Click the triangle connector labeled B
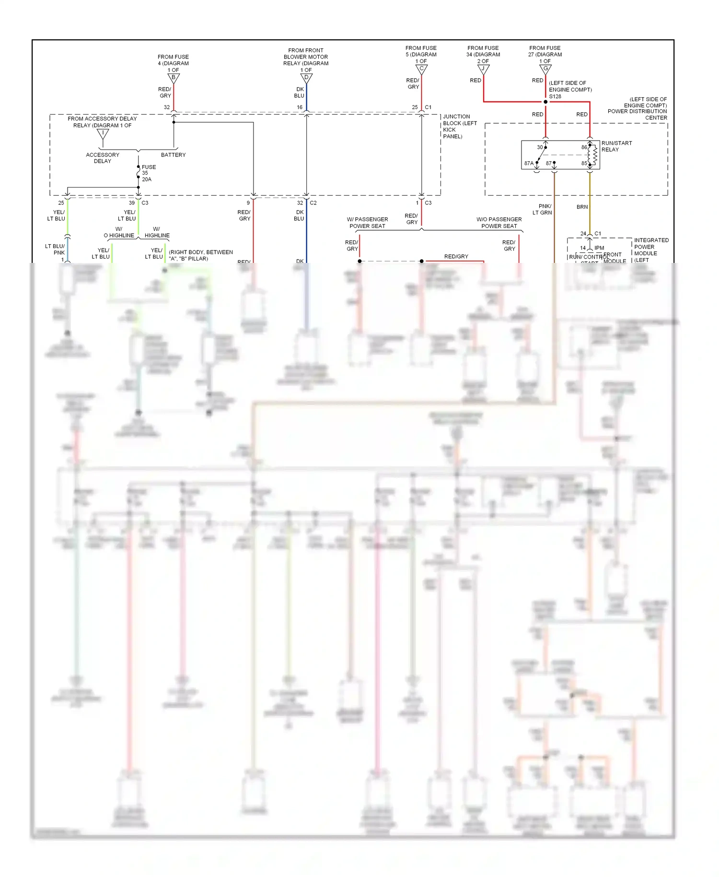tap(174, 78)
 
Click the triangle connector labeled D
tap(306, 78)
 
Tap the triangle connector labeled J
tap(483, 69)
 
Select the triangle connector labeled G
tap(545, 69)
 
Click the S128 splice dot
tap(545, 102)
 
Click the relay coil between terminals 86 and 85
tap(594, 155)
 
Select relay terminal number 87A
tap(529, 163)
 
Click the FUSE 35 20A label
tap(148, 173)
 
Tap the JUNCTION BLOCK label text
tap(459, 126)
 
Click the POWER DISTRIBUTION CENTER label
tap(638, 114)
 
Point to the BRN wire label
tap(582, 207)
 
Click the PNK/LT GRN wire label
tap(543, 209)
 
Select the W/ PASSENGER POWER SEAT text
tap(367, 223)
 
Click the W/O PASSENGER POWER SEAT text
tap(499, 223)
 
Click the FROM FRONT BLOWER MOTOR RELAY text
tap(306, 57)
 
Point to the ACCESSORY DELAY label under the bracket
tap(103, 158)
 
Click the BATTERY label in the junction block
tap(173, 155)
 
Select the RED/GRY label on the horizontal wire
tap(456, 257)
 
